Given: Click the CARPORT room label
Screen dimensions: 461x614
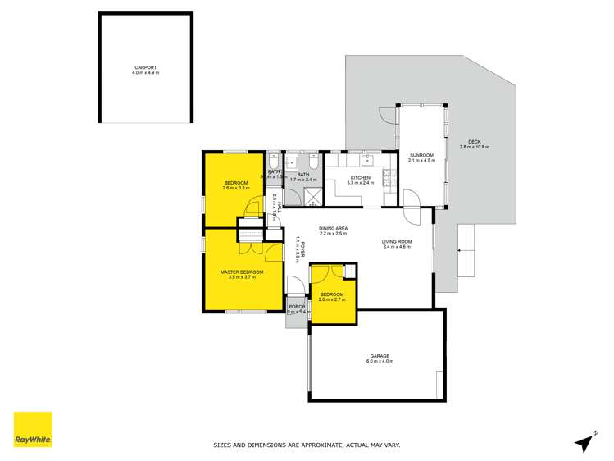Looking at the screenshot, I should tap(145, 68).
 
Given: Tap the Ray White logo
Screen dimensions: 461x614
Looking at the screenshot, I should tap(33, 430).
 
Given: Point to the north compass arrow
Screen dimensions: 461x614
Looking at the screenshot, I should tap(584, 441).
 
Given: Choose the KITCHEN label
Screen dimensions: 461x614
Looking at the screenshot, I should tap(361, 177).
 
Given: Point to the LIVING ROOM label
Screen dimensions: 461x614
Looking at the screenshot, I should tap(396, 241).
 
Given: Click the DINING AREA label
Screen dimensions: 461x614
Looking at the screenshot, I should tap(333, 229).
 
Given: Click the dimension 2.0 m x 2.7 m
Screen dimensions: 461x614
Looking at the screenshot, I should tap(332, 299).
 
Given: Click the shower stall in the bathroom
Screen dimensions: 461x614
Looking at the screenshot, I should tap(312, 194).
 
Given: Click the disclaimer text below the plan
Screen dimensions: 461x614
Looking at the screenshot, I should tap(307, 445).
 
